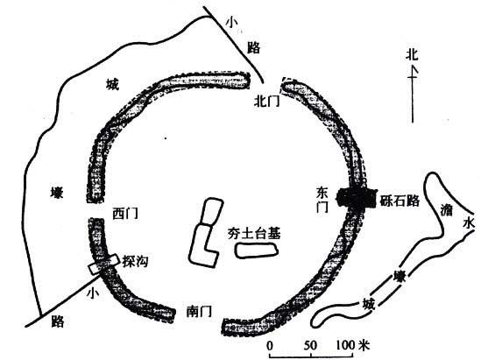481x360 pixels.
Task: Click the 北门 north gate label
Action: click(x=267, y=101)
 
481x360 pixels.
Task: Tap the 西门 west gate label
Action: click(x=125, y=214)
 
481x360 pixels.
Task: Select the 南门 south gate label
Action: click(x=199, y=312)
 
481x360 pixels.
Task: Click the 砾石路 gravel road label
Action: click(x=400, y=201)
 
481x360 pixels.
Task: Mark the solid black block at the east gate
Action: click(x=357, y=199)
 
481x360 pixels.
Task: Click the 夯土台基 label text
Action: click(x=254, y=234)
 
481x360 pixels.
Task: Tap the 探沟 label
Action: click(x=135, y=261)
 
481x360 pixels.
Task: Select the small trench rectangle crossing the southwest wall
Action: click(x=103, y=265)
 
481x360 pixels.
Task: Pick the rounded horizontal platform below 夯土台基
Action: click(x=257, y=251)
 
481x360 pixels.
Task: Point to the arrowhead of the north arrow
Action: click(x=413, y=71)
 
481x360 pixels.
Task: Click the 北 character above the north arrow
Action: click(x=412, y=55)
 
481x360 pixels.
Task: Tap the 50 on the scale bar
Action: click(x=310, y=345)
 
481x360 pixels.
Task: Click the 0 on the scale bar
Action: click(x=269, y=346)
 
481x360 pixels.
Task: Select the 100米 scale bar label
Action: click(x=353, y=345)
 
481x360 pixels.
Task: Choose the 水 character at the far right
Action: click(x=469, y=223)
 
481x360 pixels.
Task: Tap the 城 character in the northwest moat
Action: click(x=112, y=84)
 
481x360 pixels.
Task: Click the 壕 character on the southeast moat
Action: click(x=400, y=277)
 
